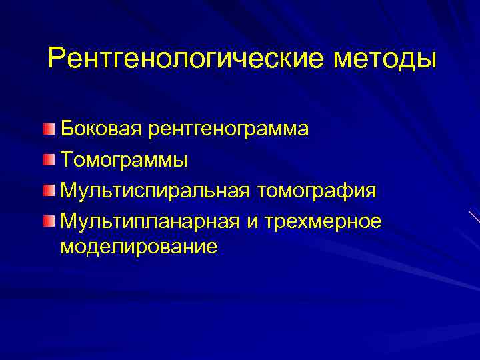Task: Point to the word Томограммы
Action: [x=124, y=160]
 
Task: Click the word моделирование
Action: [x=139, y=247]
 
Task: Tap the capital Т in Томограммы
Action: [x=67, y=160]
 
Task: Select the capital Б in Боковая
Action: [x=67, y=129]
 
